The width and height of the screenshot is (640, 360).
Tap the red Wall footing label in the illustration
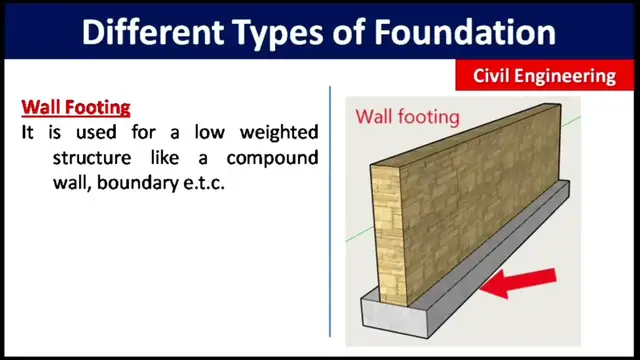coord(408,117)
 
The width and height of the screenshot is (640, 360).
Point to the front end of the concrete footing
coord(392,315)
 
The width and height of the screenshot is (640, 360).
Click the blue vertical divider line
coord(330,210)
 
